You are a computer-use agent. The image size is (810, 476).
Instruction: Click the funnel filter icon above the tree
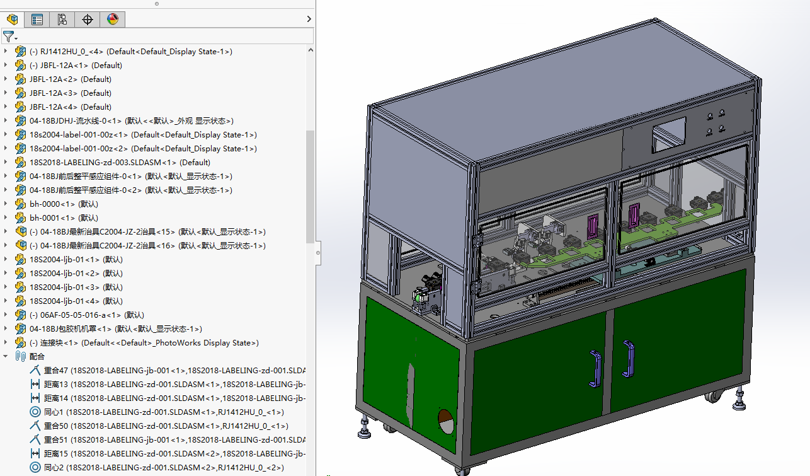pyautogui.click(x=8, y=37)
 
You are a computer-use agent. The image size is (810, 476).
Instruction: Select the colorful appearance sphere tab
pyautogui.click(x=113, y=19)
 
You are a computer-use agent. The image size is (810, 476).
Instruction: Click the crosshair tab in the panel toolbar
pyautogui.click(x=87, y=19)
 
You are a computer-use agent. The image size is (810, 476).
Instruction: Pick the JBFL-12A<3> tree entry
pyautogui.click(x=70, y=93)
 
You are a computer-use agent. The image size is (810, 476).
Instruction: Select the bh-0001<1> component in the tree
pyautogui.click(x=64, y=218)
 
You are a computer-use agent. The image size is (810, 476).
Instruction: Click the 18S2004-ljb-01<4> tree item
pyautogui.click(x=76, y=301)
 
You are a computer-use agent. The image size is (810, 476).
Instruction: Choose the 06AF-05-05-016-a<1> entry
pyautogui.click(x=87, y=315)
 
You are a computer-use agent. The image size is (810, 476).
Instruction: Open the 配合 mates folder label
pyautogui.click(x=37, y=357)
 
